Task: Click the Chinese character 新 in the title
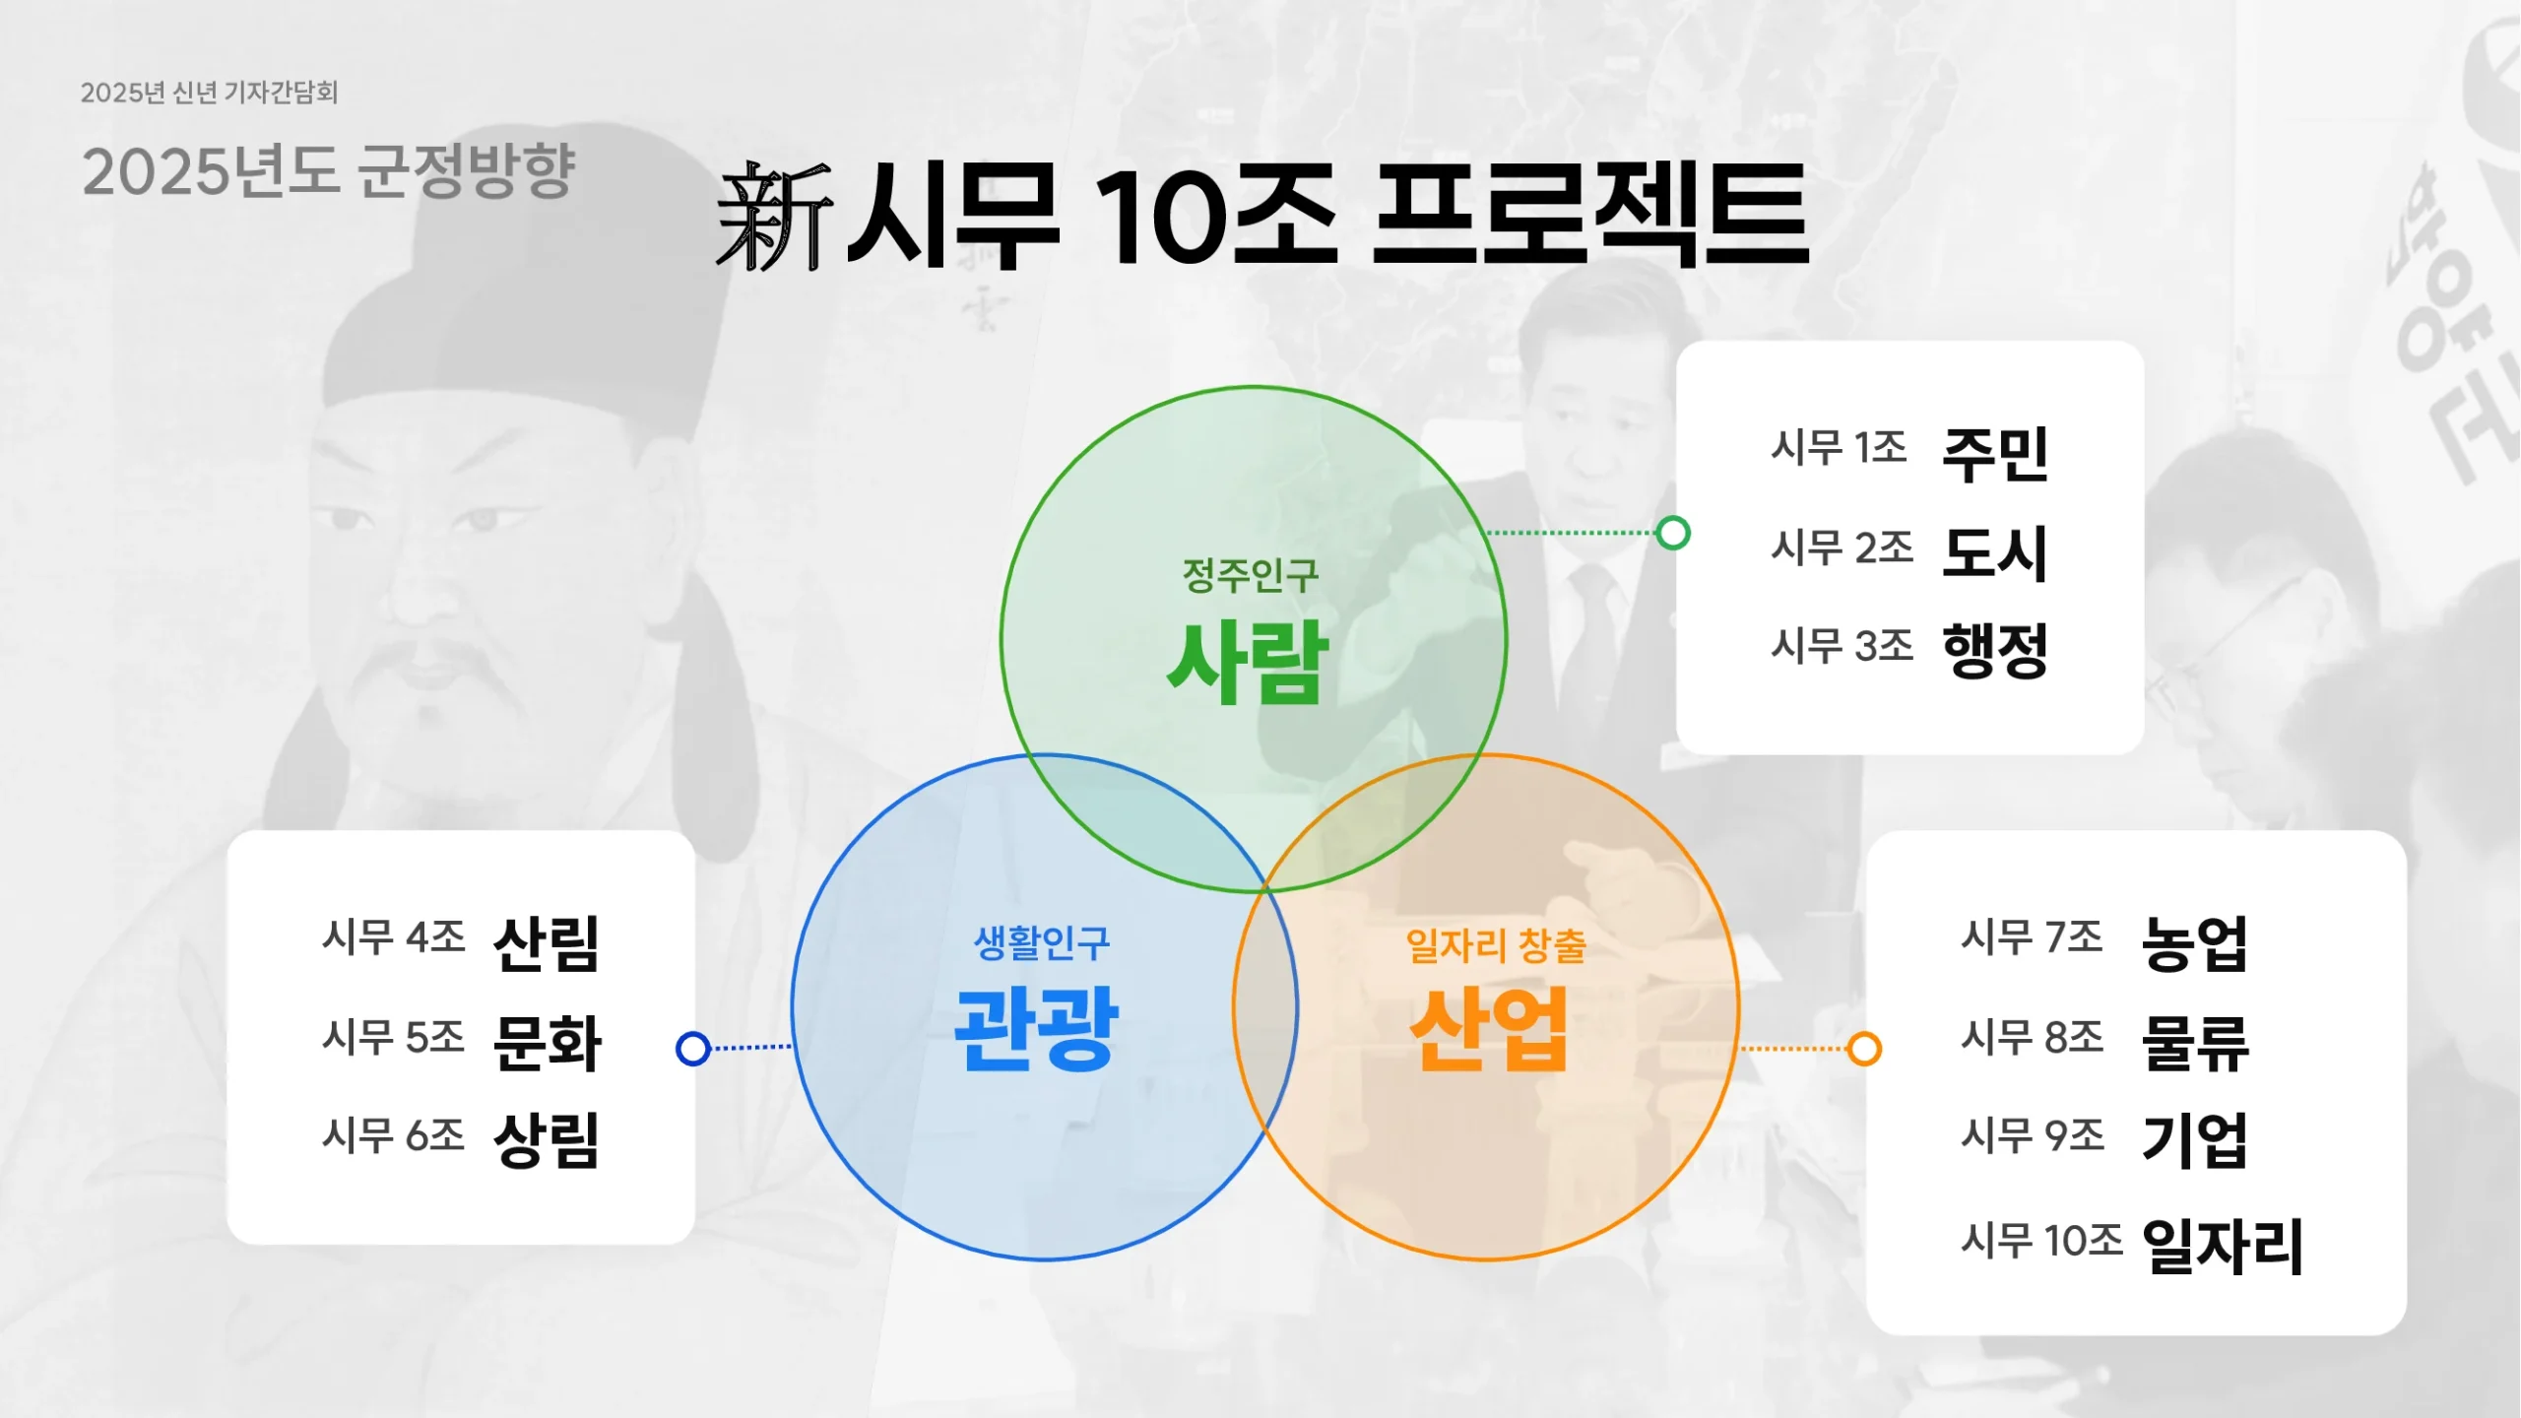click(774, 217)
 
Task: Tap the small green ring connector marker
click(1672, 533)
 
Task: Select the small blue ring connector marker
click(693, 1048)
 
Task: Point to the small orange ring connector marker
click(1863, 1048)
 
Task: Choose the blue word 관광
click(1036, 1029)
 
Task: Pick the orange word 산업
click(1489, 1029)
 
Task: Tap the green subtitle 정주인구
click(1250, 575)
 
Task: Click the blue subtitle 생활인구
click(1042, 943)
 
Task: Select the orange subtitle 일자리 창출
click(1495, 945)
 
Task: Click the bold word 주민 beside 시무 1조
click(1995, 453)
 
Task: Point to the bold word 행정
click(1995, 650)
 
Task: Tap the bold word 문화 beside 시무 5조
click(547, 1042)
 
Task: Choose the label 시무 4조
click(393, 936)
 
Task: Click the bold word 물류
click(2195, 1042)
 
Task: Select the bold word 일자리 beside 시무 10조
click(2222, 1246)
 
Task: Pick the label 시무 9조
click(2032, 1135)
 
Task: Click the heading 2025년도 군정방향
click(328, 171)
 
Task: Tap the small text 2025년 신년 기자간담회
click(209, 93)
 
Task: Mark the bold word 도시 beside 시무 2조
click(1995, 551)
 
